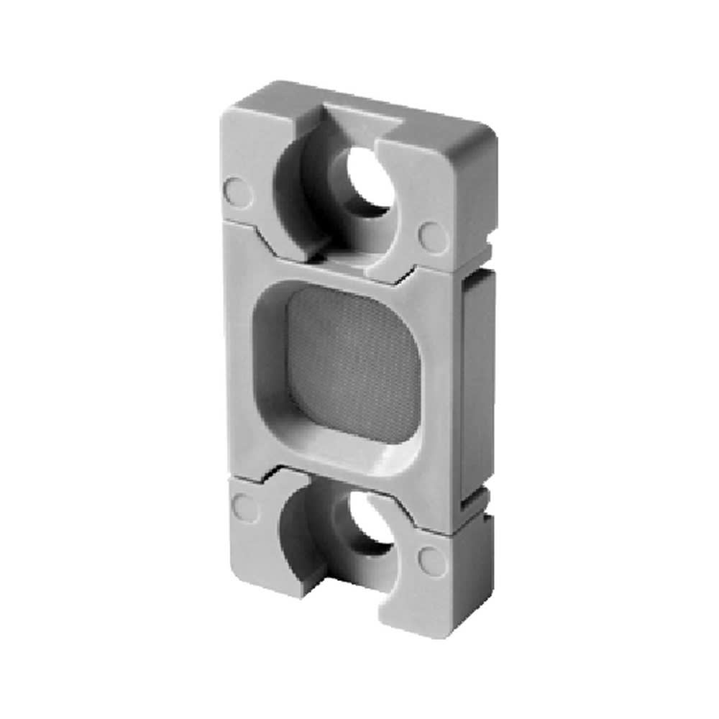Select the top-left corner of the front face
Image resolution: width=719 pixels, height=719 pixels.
click(225, 111)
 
